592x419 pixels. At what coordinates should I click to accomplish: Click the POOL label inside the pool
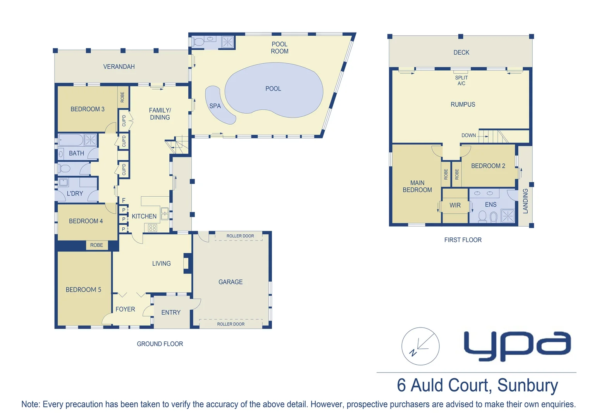pos(273,89)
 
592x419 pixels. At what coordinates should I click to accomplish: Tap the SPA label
pos(215,106)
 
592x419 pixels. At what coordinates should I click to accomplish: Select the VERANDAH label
pos(119,67)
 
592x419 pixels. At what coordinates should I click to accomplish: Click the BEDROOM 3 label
pos(88,109)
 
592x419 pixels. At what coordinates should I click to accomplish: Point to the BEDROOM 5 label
pos(83,290)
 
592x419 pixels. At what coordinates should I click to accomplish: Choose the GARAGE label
pos(231,282)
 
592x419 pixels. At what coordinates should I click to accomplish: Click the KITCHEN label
pos(144,216)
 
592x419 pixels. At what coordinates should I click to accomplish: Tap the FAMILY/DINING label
pos(160,114)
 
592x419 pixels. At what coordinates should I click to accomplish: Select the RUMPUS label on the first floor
pos(463,105)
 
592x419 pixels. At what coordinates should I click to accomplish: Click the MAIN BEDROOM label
pos(417,186)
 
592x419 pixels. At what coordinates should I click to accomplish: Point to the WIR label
pos(455,205)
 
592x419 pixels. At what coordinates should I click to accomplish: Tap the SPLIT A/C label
pos(461,81)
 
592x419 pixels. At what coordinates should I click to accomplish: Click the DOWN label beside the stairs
pos(468,135)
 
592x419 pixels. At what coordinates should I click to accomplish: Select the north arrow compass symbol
pos(420,346)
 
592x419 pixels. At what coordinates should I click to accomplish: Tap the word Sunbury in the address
pos(527,386)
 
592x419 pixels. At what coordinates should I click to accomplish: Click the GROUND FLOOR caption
pos(160,344)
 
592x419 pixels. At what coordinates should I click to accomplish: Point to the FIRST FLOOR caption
pos(463,240)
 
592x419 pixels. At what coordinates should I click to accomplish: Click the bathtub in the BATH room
pos(71,140)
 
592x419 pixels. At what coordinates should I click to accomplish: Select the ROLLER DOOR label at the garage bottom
pos(231,324)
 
